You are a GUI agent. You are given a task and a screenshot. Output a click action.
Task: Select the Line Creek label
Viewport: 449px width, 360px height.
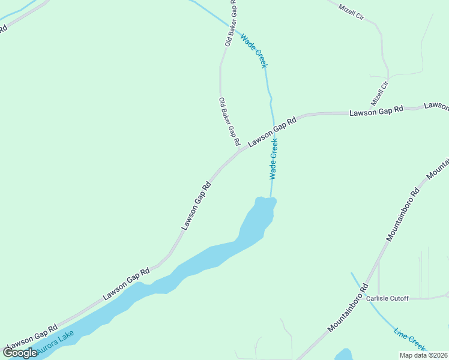[410, 339]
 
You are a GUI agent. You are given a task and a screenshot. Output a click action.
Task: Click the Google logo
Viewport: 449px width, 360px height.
[20, 353]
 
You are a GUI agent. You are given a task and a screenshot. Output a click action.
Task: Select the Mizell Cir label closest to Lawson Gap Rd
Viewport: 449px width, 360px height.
[380, 93]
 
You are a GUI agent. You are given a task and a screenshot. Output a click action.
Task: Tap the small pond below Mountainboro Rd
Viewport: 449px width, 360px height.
[343, 354]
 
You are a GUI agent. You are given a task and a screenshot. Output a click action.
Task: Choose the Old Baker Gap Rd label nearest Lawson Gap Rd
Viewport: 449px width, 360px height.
[229, 122]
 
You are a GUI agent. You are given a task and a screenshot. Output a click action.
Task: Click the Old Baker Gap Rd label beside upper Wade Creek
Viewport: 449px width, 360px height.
[229, 24]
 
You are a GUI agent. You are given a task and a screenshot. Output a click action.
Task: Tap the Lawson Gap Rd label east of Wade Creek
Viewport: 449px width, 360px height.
[376, 112]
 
